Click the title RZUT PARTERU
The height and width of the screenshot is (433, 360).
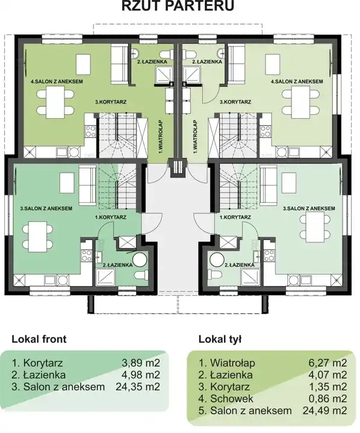click(x=178, y=6)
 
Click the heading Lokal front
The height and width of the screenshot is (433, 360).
click(x=39, y=339)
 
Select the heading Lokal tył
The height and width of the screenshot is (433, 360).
click(x=220, y=339)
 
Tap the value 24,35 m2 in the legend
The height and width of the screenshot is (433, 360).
click(x=138, y=387)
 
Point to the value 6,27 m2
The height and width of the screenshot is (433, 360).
click(x=327, y=363)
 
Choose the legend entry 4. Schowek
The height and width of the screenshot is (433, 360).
click(x=226, y=399)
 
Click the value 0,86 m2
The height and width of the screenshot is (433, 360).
click(x=327, y=399)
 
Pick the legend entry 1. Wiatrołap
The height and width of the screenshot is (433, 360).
click(x=227, y=363)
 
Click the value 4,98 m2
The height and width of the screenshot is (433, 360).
click(x=141, y=375)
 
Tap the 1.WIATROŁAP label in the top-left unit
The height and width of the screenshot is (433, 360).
click(x=160, y=137)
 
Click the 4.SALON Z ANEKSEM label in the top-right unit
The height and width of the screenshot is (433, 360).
click(x=297, y=81)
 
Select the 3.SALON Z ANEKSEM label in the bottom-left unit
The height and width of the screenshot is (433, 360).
click(x=46, y=209)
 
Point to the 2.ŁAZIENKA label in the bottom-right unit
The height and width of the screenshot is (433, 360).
click(x=240, y=265)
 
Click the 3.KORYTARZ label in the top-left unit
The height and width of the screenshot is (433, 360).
click(x=111, y=102)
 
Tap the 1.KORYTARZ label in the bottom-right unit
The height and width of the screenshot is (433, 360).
click(x=235, y=217)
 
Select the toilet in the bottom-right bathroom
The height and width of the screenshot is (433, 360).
click(x=216, y=275)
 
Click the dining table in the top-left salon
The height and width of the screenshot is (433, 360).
click(x=55, y=102)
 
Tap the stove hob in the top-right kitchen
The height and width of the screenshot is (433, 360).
click(x=265, y=131)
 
